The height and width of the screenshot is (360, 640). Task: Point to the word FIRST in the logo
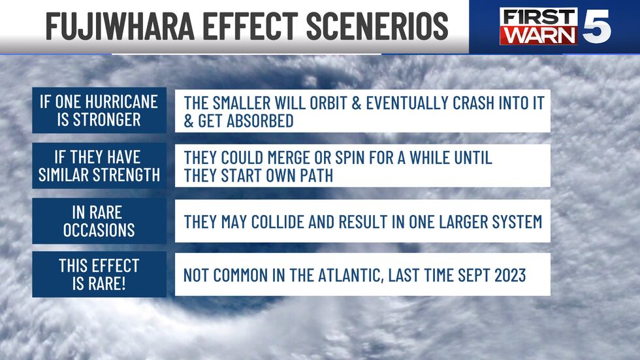pyautogui.click(x=539, y=16)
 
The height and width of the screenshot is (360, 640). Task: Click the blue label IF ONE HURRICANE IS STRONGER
pyautogui.click(x=99, y=111)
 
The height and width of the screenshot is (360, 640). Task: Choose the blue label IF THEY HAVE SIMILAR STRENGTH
pyautogui.click(x=99, y=166)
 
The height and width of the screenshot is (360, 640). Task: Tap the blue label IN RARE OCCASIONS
pyautogui.click(x=99, y=221)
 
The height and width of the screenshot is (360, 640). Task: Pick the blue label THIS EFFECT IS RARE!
pyautogui.click(x=99, y=274)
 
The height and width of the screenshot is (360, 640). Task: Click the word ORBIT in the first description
pyautogui.click(x=345, y=103)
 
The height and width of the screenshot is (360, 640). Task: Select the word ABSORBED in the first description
pyautogui.click(x=259, y=122)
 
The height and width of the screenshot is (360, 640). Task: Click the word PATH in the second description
pyautogui.click(x=319, y=176)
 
